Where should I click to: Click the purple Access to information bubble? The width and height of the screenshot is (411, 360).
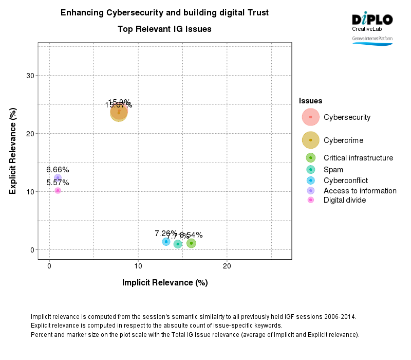coord(58,178)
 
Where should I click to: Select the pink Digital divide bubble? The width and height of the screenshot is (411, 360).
coord(58,191)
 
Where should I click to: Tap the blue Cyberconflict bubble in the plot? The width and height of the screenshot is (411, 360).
coord(166,242)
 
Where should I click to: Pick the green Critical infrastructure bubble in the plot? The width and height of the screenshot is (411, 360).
coord(191,243)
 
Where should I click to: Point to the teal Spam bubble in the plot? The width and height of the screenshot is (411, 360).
coord(178,244)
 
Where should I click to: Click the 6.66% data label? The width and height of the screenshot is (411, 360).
coord(58,170)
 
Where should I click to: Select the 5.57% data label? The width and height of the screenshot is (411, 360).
coord(58,183)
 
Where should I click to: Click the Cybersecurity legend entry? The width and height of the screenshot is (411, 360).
coord(347,117)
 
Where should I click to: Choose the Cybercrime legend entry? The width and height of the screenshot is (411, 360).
coord(343,140)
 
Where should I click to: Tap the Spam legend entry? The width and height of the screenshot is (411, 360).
coord(333,170)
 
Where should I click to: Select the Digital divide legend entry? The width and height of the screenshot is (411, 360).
coord(344,200)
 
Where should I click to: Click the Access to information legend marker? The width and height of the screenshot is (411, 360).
coord(311,191)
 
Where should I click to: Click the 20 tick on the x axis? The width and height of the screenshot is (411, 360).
coord(227,266)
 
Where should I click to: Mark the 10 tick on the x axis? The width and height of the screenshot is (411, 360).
coord(138,266)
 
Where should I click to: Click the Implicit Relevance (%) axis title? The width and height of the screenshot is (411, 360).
coord(165,282)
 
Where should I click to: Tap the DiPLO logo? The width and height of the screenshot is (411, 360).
coord(372,20)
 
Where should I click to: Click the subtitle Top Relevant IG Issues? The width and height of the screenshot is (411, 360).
coord(164,29)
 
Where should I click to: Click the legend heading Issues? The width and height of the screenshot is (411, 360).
coord(310,101)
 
